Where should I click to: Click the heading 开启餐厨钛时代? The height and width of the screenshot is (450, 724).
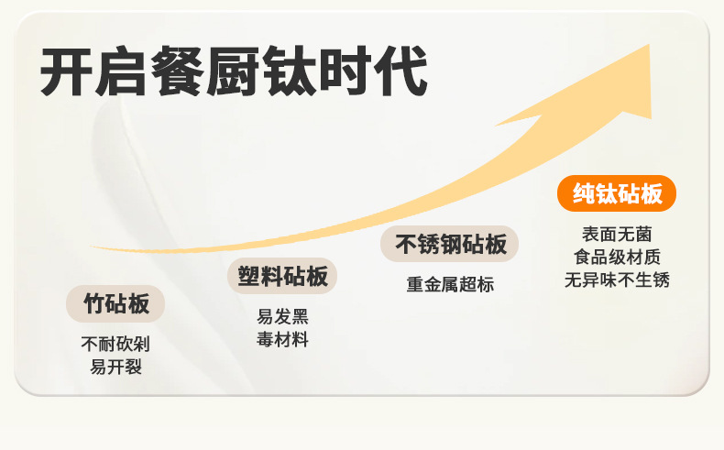pos(234,72)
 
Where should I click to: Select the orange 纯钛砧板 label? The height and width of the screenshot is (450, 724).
pos(617,193)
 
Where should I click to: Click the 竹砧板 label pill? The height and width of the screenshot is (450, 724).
pos(115,303)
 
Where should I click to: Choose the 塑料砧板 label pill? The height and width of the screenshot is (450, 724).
pos(282,276)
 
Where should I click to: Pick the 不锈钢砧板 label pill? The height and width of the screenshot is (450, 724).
pos(450,245)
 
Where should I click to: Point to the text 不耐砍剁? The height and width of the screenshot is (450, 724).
pos(115,345)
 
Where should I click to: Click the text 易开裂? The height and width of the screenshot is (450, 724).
pos(115,367)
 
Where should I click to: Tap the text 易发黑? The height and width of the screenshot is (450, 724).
pos(282,317)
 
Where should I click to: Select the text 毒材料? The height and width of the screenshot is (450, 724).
pos(282,339)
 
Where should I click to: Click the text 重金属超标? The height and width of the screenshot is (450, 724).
pos(450,284)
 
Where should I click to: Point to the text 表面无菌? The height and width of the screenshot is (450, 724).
pos(617,235)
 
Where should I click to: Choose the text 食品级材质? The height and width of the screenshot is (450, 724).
pos(617,257)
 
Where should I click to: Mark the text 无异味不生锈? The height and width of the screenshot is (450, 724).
pos(617,280)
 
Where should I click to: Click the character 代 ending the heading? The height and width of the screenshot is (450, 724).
pos(401,72)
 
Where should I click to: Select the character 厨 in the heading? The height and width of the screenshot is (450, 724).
pos(234,72)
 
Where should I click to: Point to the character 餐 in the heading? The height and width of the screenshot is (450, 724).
pos(177,72)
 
